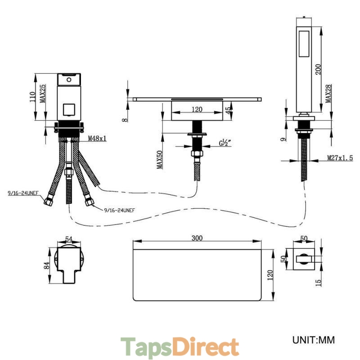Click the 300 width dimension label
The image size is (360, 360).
(197, 238)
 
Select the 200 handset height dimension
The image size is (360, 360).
(319, 69)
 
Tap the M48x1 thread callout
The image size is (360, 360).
(97, 138)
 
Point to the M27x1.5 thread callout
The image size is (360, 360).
(340, 158)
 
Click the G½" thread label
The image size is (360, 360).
(225, 143)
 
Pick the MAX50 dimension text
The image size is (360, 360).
(160, 160)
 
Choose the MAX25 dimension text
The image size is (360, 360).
(43, 94)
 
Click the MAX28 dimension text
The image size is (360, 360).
(328, 94)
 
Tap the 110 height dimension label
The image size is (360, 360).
(32, 97)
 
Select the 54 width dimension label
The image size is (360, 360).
(69, 239)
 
